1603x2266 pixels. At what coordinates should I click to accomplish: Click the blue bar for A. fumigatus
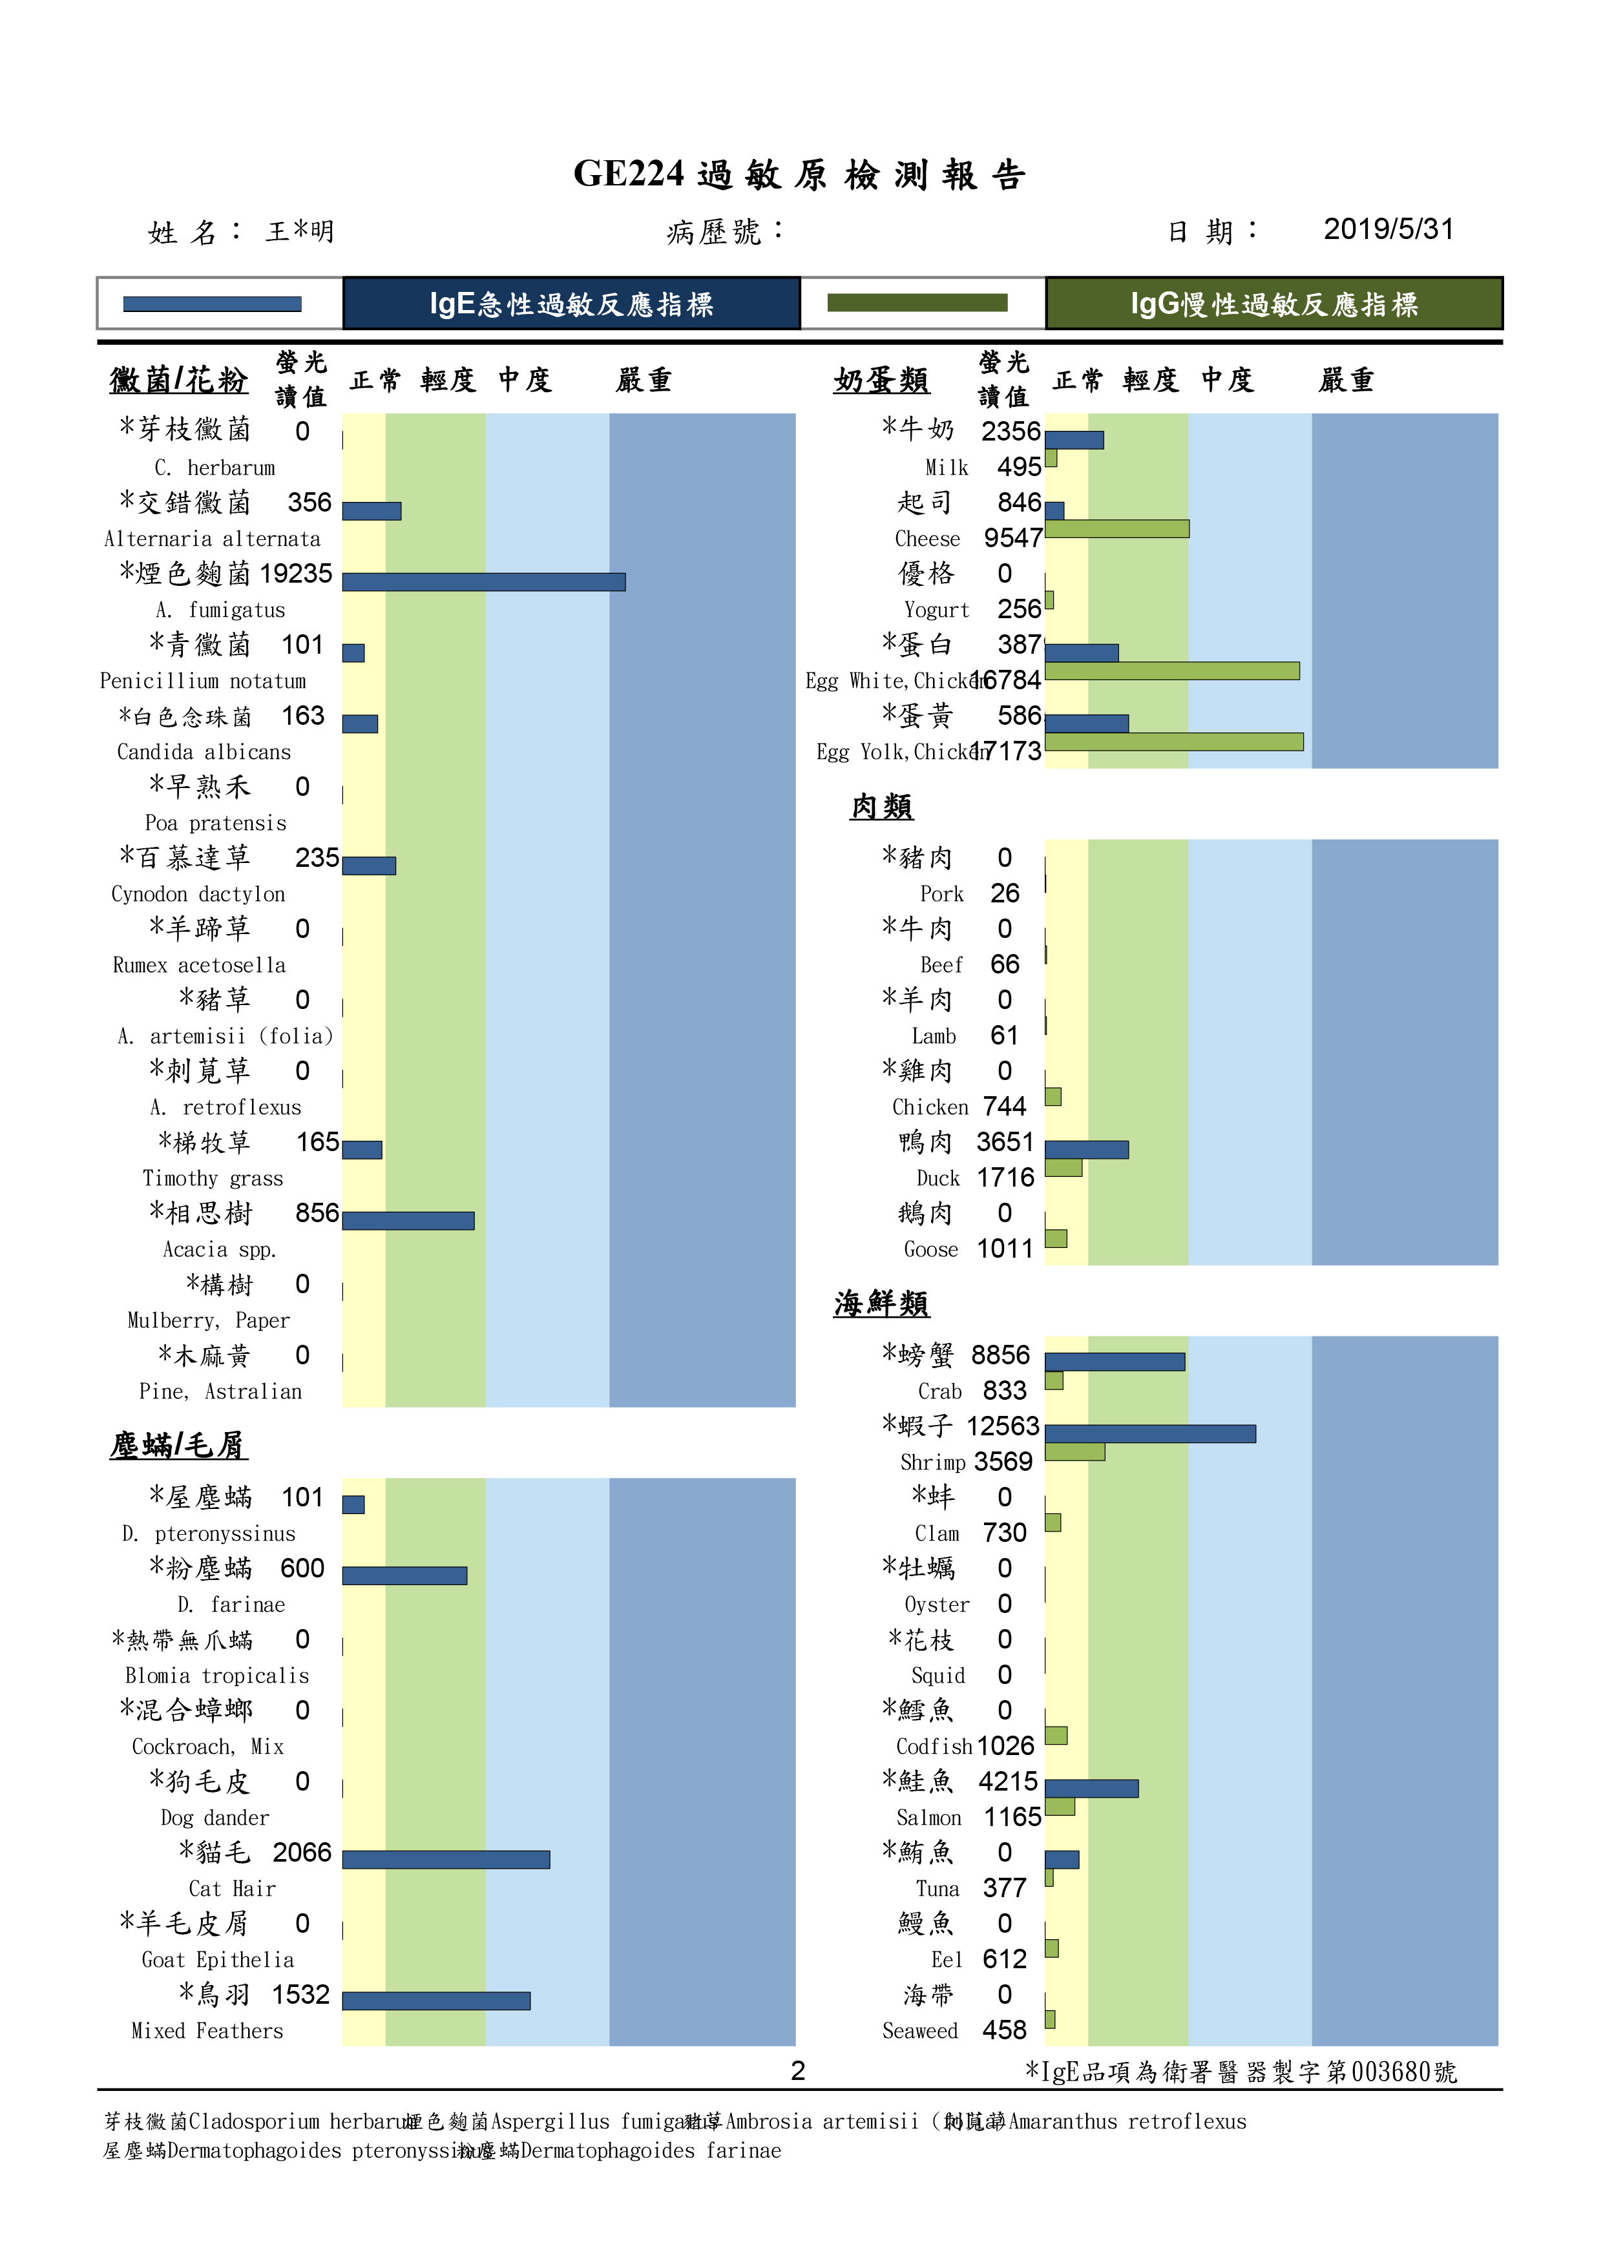tap(484, 582)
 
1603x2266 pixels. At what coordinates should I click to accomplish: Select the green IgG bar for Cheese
tap(1116, 529)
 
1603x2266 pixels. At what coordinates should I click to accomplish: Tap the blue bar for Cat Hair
tap(446, 1860)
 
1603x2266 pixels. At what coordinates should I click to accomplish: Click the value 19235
tap(295, 574)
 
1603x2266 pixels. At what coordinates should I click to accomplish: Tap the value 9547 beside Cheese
tap(1012, 538)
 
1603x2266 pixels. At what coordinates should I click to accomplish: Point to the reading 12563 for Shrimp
tap(1002, 1426)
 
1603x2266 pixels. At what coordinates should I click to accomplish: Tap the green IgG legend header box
tap(1273, 303)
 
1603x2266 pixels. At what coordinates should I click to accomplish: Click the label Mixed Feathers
tap(207, 2030)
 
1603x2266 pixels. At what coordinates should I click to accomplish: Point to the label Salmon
tap(928, 1817)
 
